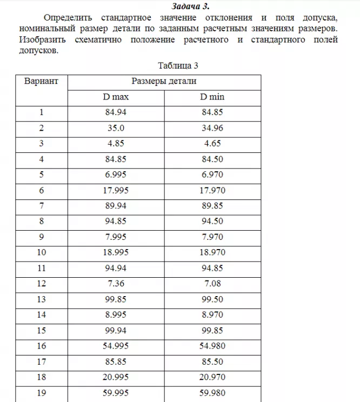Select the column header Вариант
click(x=42, y=82)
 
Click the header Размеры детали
click(x=164, y=82)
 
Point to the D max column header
click(x=116, y=97)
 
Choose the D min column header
click(x=212, y=97)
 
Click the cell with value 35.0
click(x=116, y=129)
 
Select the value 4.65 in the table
click(x=212, y=144)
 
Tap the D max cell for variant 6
click(x=116, y=191)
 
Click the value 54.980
click(x=212, y=346)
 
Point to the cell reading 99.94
click(x=116, y=331)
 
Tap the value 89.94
click(x=116, y=206)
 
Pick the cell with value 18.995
click(x=116, y=253)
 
